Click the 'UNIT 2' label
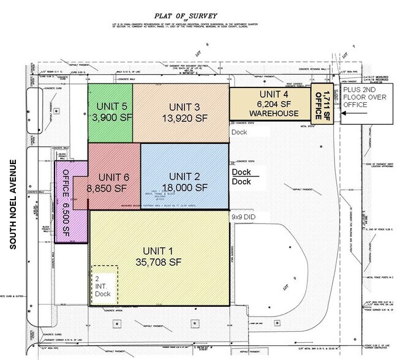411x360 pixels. [x=184, y=176]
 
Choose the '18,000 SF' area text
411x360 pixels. [x=184, y=187]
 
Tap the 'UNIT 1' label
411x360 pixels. [x=159, y=250]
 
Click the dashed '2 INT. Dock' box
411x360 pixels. [x=105, y=283]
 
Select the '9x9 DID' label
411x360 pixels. [x=245, y=216]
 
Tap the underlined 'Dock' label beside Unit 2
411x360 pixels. [x=241, y=172]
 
